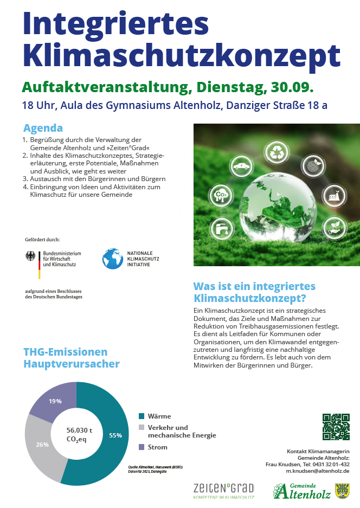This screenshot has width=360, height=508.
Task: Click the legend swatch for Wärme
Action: coord(142,416)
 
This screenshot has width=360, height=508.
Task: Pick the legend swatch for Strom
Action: coord(142,447)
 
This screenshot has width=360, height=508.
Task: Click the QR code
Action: coord(336,427)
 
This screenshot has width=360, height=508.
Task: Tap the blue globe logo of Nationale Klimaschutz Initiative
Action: coord(112,259)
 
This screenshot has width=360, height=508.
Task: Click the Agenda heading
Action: coord(43,128)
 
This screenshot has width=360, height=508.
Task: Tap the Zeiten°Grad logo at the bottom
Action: coord(223,490)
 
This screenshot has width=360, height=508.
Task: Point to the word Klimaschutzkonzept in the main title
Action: coord(182,55)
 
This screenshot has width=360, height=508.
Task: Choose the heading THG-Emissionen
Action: coord(65,352)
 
